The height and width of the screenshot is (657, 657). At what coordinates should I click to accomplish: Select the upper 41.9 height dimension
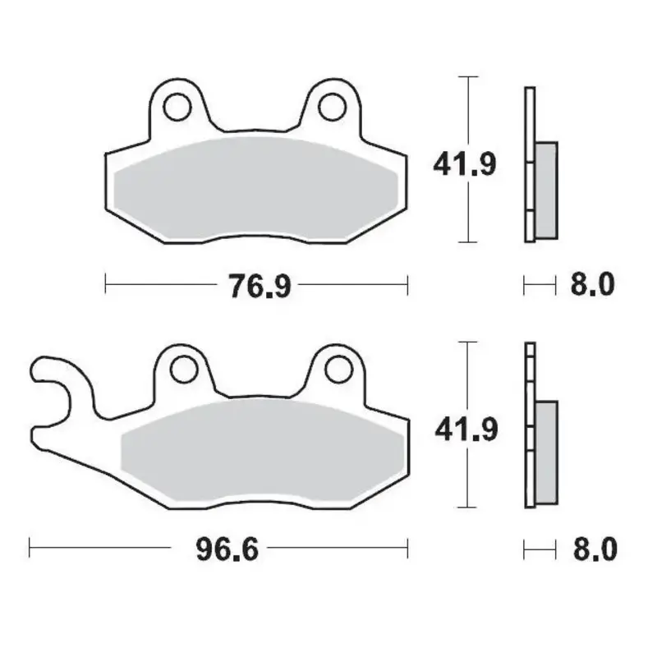(465, 165)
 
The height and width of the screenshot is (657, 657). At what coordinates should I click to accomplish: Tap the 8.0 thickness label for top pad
(591, 286)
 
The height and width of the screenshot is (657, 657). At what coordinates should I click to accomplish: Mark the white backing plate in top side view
(530, 164)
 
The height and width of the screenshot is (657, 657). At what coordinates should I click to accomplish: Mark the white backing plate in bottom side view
(530, 427)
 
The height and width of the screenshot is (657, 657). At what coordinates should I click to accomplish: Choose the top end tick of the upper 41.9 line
(467, 76)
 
